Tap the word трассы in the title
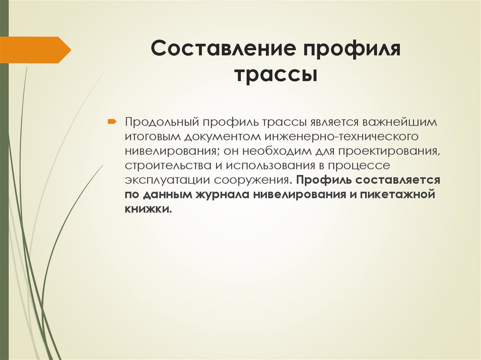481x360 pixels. tap(276, 74)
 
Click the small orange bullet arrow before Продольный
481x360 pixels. tap(112, 122)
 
